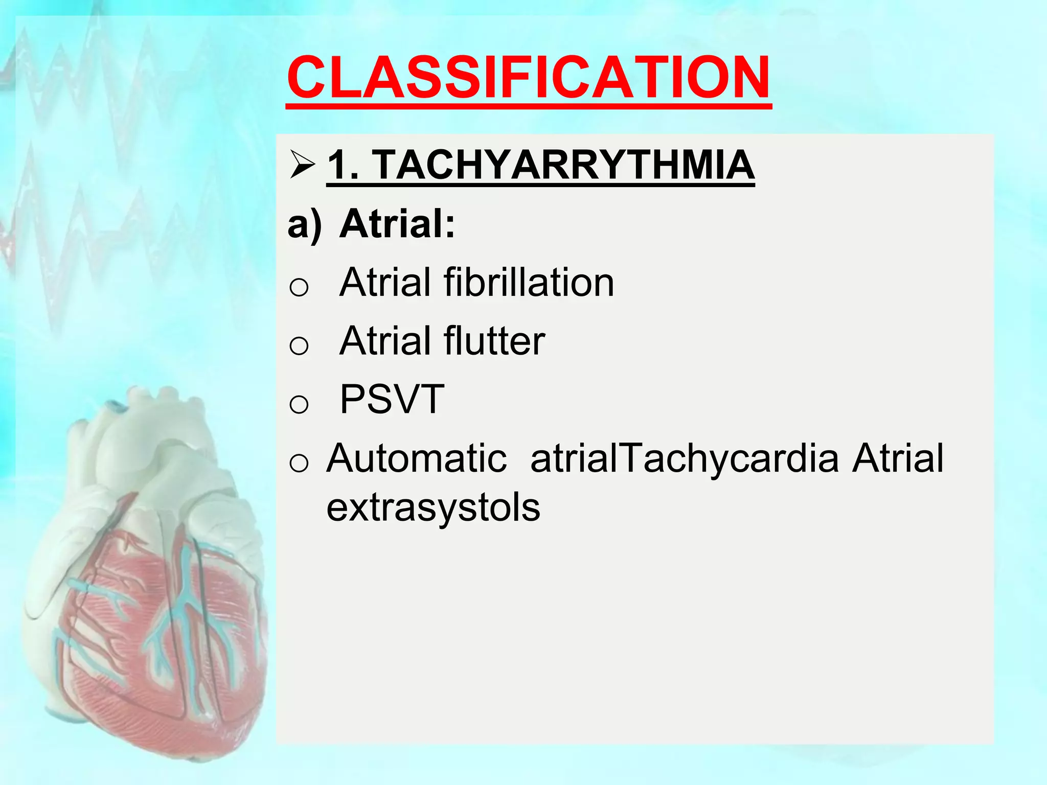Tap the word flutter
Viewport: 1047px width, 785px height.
[494, 341]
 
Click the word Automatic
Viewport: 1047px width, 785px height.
[417, 458]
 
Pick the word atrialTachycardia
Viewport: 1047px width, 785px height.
[685, 458]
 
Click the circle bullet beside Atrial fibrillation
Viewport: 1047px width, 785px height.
[299, 287]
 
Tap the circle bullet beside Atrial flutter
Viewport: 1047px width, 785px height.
[299, 346]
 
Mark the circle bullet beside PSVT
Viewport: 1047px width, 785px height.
[299, 404]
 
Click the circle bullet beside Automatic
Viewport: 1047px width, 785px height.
[299, 463]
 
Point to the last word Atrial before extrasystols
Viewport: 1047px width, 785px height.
[898, 458]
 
